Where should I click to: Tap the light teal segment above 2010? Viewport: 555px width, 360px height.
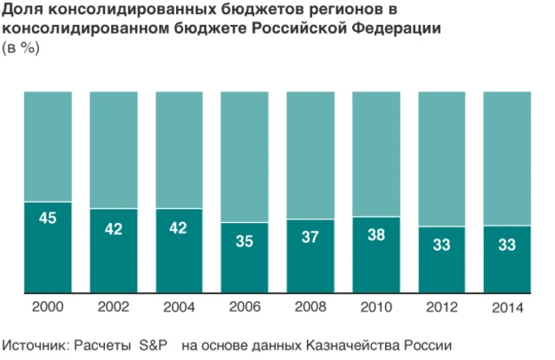click(x=375, y=153)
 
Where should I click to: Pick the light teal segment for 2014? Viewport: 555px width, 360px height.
click(x=506, y=157)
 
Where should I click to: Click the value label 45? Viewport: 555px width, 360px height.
click(x=48, y=218)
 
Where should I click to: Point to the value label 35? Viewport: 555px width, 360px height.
click(x=245, y=242)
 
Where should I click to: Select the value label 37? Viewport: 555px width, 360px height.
click(x=310, y=236)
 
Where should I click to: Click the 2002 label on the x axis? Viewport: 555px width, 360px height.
click(x=114, y=307)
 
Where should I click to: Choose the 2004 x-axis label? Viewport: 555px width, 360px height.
click(x=179, y=307)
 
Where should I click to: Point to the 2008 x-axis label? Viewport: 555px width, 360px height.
click(x=310, y=307)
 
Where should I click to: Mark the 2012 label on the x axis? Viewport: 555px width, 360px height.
click(x=441, y=307)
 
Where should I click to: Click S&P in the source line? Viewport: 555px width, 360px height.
click(x=156, y=344)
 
